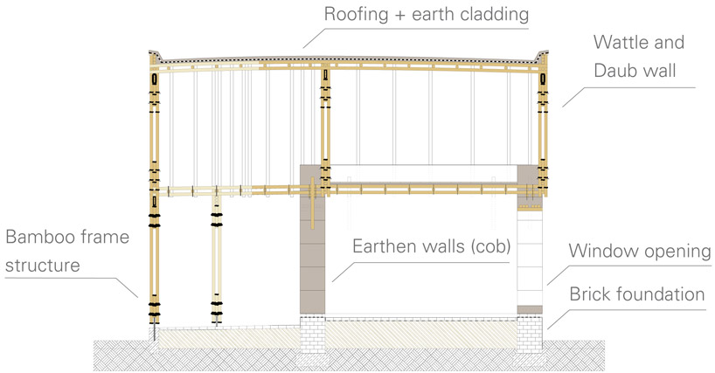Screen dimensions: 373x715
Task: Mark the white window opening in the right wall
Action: pos(528,258)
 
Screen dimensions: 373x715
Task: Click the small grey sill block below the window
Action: pos(528,310)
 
